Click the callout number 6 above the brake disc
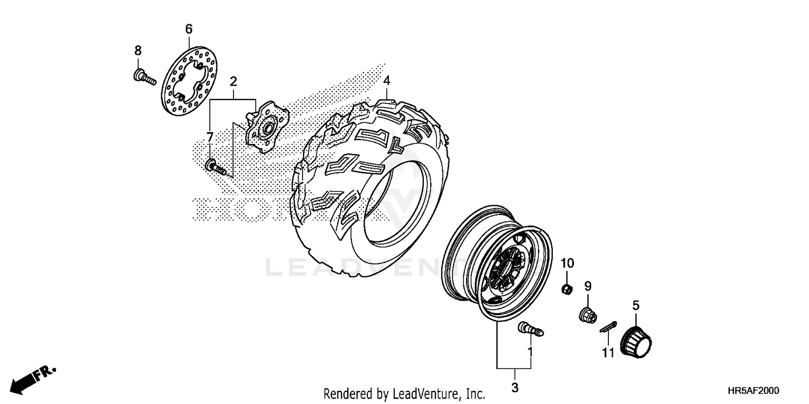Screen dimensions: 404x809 pos(189,29)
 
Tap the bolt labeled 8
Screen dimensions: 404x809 pos(143,77)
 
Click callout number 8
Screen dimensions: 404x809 pos(138,51)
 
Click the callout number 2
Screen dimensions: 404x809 pos(233,82)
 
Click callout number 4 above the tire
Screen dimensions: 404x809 pos(387,81)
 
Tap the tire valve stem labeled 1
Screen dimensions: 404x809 pos(531,329)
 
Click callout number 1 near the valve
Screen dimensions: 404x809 pos(530,352)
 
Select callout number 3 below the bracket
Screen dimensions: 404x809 pos(515,387)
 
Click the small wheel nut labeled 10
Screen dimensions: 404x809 pos(567,290)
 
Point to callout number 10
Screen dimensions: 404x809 pos(567,263)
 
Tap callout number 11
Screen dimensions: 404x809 pos(608,353)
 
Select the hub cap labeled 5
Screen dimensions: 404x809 pos(636,340)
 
